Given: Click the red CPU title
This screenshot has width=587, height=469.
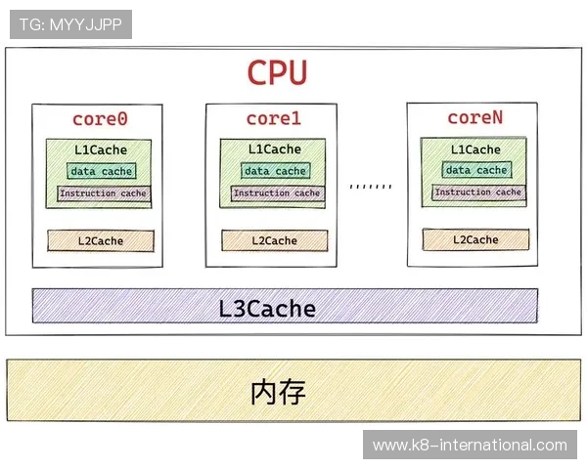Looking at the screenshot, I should [x=277, y=73].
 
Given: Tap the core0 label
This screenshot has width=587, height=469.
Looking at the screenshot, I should [x=101, y=119].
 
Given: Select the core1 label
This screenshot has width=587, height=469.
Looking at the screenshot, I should [x=273, y=119].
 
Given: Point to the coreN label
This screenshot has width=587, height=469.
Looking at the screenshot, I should [x=474, y=118].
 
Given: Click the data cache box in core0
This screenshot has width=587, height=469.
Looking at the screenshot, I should [x=102, y=171].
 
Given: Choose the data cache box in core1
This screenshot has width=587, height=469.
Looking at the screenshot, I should [x=275, y=171].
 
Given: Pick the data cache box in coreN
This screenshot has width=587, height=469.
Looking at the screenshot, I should [x=477, y=170].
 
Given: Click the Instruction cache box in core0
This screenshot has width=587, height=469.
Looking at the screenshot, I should [x=102, y=193].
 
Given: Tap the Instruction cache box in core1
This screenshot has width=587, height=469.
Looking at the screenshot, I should [x=276, y=193].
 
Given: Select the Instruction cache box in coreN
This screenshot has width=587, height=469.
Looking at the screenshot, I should [x=477, y=192].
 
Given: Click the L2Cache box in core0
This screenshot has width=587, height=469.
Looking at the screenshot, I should [x=101, y=240].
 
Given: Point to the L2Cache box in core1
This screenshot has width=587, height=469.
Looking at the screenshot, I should [x=274, y=240].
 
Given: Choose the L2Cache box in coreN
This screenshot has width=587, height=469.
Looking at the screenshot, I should [x=475, y=239].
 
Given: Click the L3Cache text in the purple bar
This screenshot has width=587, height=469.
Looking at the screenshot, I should [x=267, y=310].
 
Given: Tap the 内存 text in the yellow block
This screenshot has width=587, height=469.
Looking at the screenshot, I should [x=279, y=393].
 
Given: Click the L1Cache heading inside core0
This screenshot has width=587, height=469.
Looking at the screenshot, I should [x=101, y=150].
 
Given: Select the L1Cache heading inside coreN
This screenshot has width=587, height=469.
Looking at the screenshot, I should [x=475, y=149].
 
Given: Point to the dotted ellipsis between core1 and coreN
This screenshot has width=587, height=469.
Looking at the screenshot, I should [x=371, y=186].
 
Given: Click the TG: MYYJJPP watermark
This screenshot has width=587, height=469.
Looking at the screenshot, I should [x=70, y=24].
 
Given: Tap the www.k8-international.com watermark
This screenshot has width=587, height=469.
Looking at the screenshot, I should [x=470, y=446].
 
